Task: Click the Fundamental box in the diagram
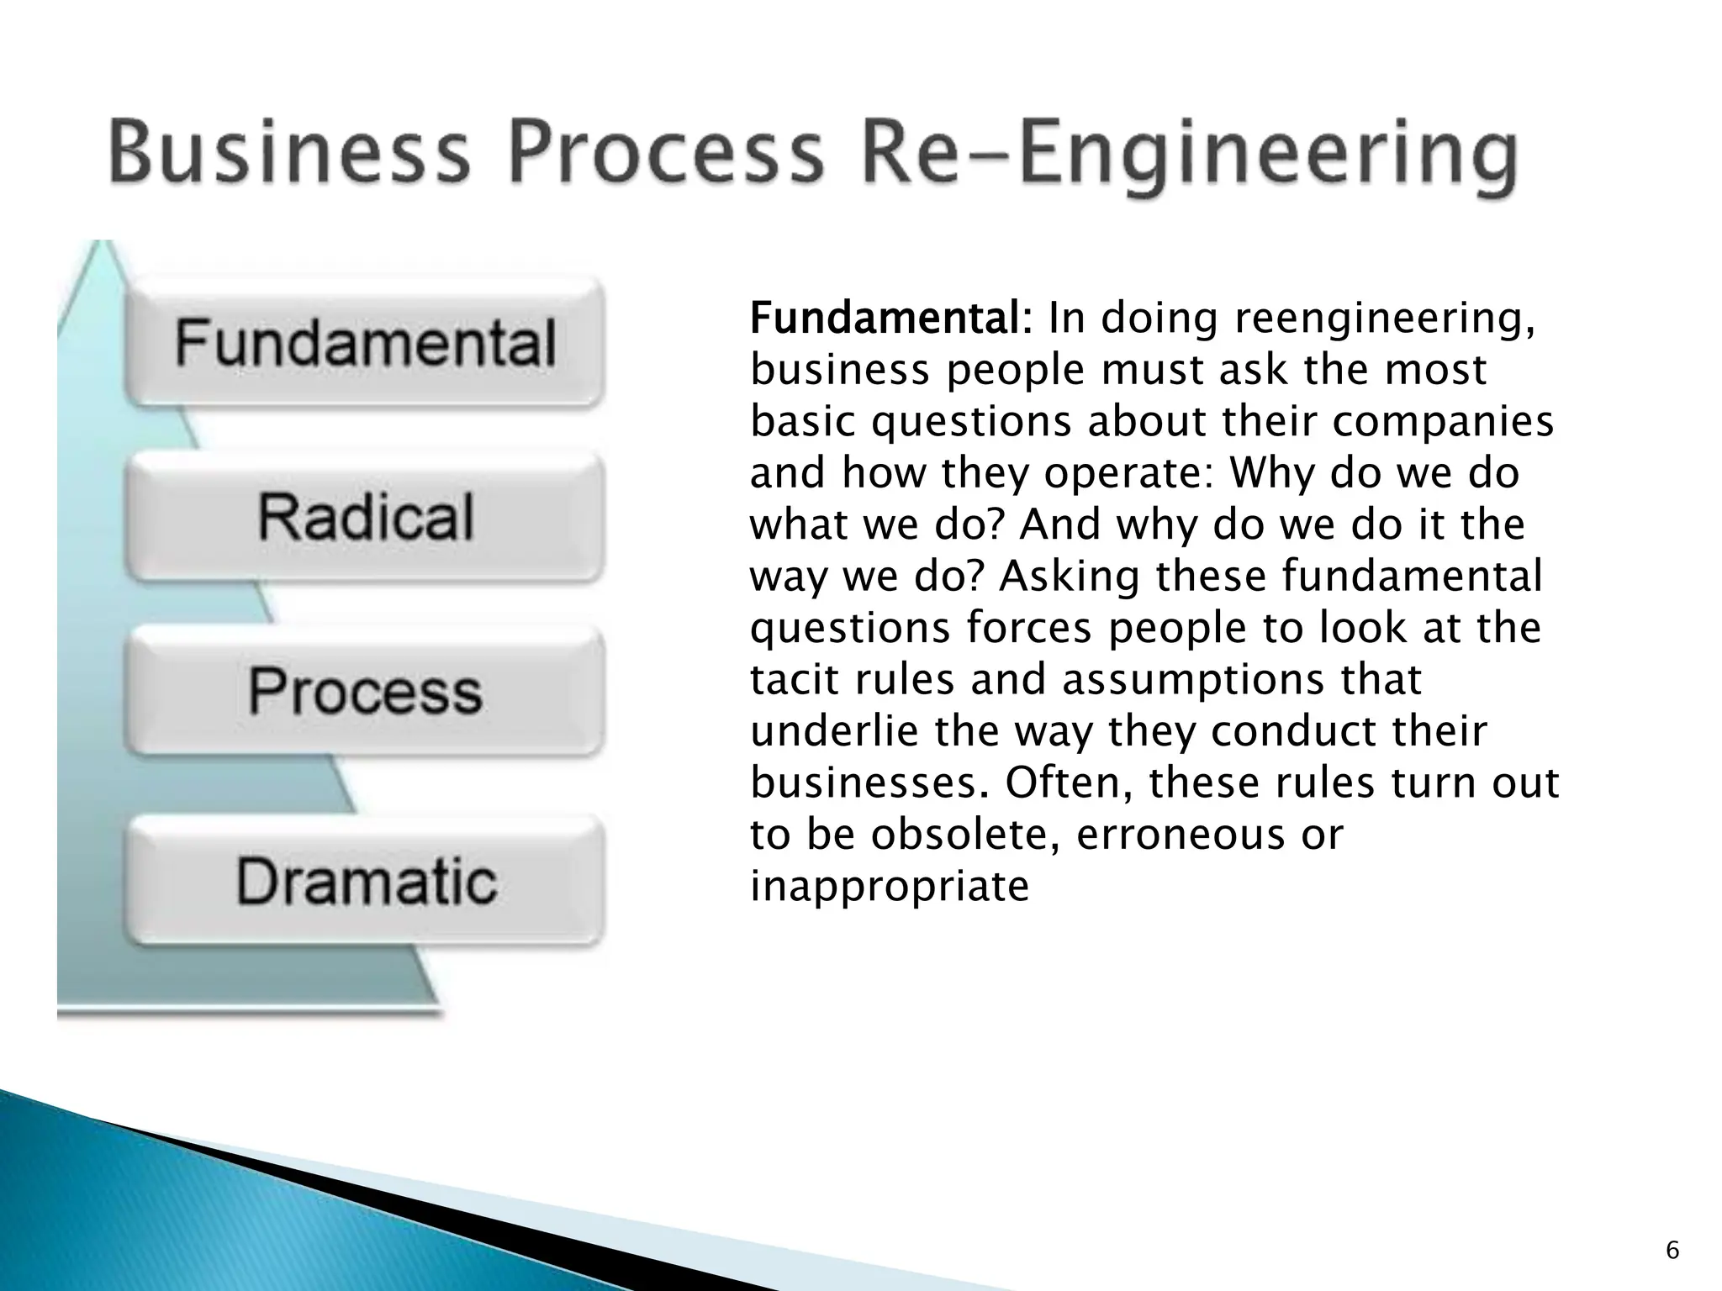pos(365,343)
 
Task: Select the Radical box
pos(365,516)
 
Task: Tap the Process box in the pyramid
pos(365,691)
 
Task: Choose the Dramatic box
pos(365,881)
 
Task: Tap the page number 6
pos(1672,1251)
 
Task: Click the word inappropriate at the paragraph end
pos(889,888)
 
